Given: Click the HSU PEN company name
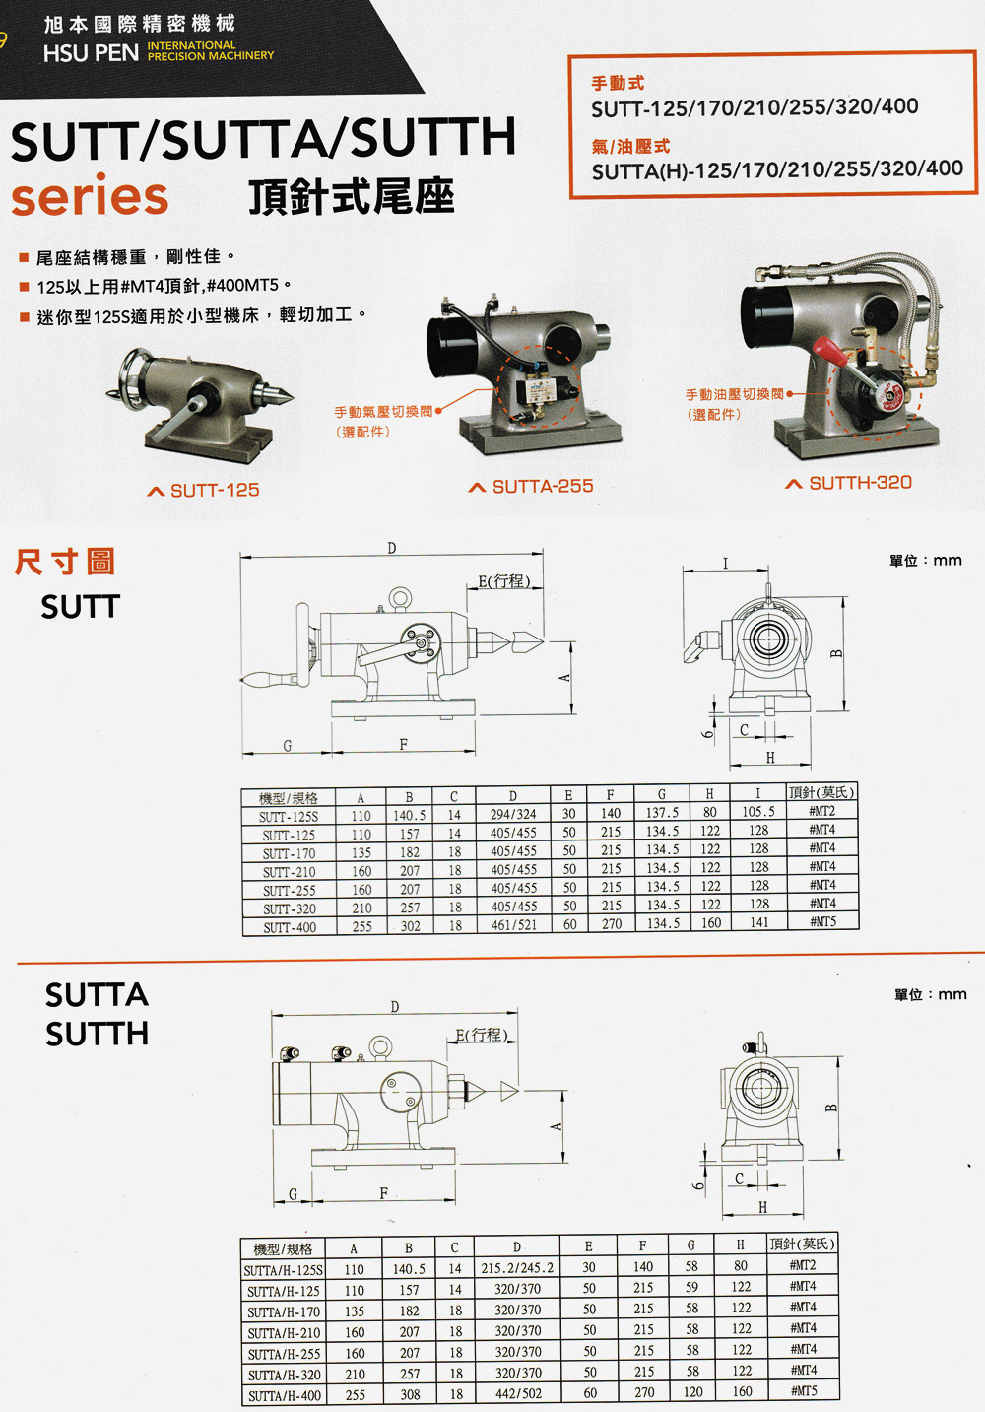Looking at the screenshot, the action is tap(91, 53).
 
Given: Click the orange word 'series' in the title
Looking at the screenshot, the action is tap(90, 196).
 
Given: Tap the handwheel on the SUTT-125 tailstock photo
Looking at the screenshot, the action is tap(130, 375).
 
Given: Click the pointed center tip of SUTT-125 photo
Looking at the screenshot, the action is tap(288, 396).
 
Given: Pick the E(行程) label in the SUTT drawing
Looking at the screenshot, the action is tap(504, 580).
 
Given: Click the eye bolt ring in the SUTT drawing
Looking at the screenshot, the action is tap(400, 597).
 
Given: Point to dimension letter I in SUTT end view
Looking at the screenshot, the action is tap(725, 563).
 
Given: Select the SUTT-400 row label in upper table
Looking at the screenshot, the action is tap(290, 927).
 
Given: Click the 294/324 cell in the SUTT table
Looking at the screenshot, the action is tap(513, 815).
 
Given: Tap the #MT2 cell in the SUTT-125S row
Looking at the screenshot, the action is tap(822, 811).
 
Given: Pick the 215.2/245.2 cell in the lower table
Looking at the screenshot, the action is tap(517, 1268).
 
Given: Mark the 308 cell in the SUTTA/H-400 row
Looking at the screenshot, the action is tap(410, 1394).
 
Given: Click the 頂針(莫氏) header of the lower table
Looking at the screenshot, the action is tap(802, 1244).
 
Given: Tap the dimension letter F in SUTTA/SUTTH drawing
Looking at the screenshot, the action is tap(384, 1193).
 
